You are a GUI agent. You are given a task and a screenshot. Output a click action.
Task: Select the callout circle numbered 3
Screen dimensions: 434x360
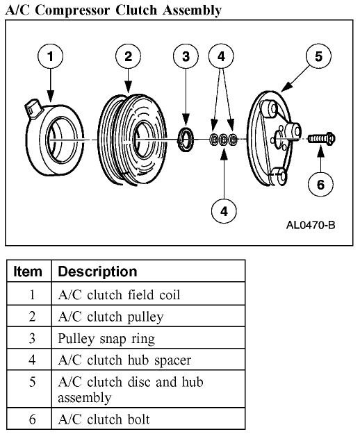pyautogui.click(x=186, y=57)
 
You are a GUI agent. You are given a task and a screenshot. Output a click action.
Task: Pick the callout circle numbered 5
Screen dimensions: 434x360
pyautogui.click(x=318, y=57)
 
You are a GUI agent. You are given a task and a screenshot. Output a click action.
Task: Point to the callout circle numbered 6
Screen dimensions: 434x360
pyautogui.click(x=320, y=184)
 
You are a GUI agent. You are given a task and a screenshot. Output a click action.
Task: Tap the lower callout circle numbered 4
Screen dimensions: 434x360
pyautogui.click(x=223, y=209)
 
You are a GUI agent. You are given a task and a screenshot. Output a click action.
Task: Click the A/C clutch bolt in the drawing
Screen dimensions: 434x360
pyautogui.click(x=322, y=140)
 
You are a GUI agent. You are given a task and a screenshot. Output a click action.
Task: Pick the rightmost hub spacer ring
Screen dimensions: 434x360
pyautogui.click(x=234, y=140)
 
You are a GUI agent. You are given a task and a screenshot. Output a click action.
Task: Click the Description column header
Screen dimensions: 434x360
pyautogui.click(x=97, y=271)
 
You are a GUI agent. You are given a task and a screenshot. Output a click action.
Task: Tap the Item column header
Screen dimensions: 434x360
pyautogui.click(x=28, y=271)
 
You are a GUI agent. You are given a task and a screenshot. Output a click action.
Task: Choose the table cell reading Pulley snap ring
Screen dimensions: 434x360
pyautogui.click(x=106, y=338)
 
